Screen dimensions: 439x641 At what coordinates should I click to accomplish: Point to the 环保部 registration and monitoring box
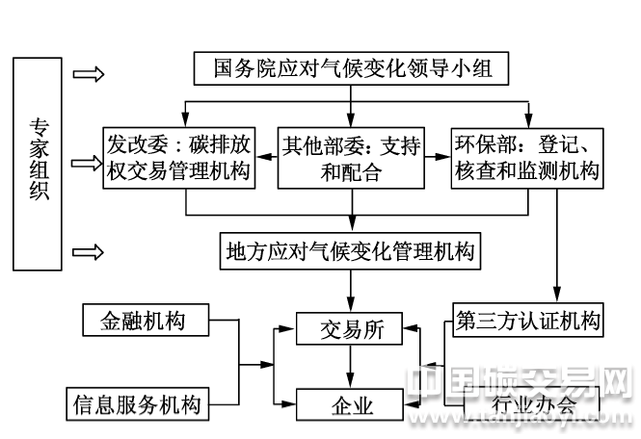pyautogui.click(x=526, y=158)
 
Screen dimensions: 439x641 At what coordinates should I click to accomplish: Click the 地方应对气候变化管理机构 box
pyautogui.click(x=350, y=251)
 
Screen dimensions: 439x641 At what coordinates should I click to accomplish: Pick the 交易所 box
pyautogui.click(x=351, y=329)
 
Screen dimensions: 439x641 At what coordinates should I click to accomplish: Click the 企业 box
pyautogui.click(x=351, y=404)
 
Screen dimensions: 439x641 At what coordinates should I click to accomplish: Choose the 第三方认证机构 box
pyautogui.click(x=526, y=319)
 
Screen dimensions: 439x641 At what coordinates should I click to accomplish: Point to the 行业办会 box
pyautogui.click(x=531, y=403)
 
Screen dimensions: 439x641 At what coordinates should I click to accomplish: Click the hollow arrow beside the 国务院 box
pyautogui.click(x=89, y=74)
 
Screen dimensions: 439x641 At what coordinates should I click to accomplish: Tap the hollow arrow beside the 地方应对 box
pyautogui.click(x=89, y=252)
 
